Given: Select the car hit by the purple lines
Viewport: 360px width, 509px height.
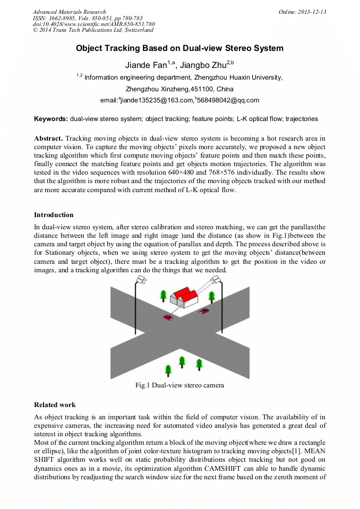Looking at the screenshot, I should tap(168, 317).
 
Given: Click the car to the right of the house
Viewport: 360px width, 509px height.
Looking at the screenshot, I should tap(204, 310).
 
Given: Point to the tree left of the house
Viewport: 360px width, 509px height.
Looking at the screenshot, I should tap(163, 295).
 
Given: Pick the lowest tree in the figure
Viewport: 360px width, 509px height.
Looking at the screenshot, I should tap(168, 370).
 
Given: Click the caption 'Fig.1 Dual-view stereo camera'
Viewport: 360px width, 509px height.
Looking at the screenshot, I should tap(179, 385).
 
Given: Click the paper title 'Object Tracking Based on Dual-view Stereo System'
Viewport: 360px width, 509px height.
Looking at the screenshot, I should tap(179, 48).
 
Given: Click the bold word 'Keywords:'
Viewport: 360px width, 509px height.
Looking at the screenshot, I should tap(50, 119).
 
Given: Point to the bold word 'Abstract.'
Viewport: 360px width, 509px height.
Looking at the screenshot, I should tap(48, 138).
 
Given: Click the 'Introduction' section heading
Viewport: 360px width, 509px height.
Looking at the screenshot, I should tap(54, 215).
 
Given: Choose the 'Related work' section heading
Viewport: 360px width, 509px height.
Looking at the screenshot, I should tap(55, 405).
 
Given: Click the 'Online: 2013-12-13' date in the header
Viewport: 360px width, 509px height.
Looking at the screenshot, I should tap(302, 12).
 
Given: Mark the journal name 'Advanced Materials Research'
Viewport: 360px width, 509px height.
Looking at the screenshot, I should tap(69, 12).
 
